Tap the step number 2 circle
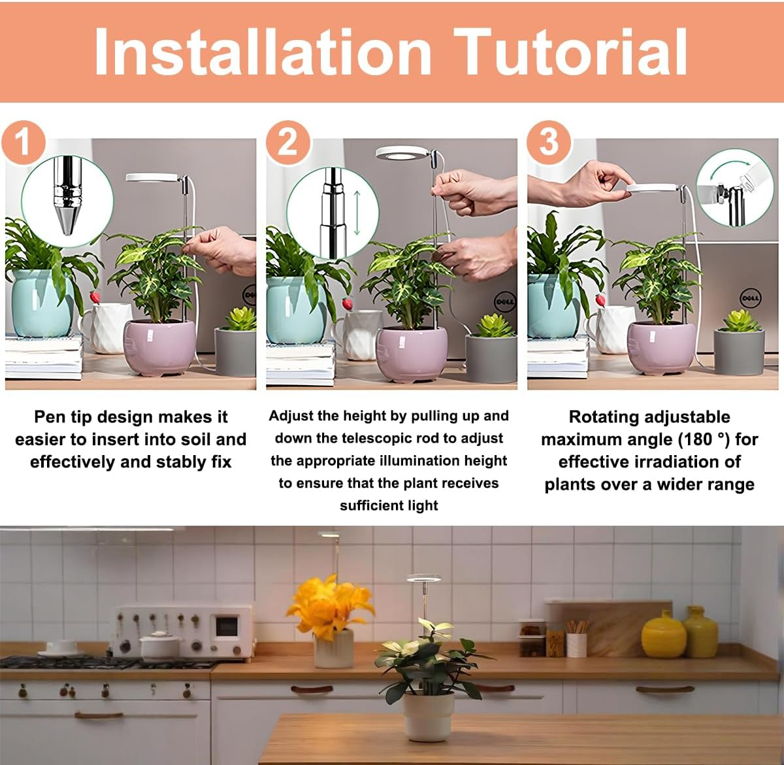(x=287, y=141)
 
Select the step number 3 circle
(x=549, y=141)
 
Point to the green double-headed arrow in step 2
(x=357, y=212)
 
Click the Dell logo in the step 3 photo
(x=749, y=297)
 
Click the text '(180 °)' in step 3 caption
(x=704, y=439)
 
